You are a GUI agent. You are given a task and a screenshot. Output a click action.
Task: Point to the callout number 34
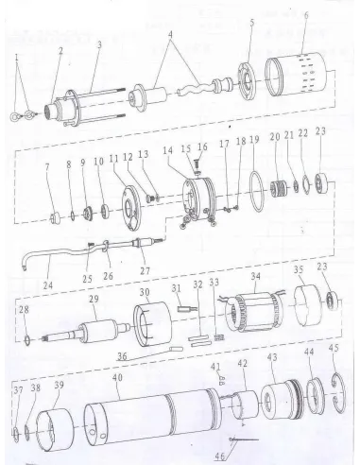click(x=254, y=277)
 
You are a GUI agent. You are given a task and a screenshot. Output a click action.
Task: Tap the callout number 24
click(x=48, y=283)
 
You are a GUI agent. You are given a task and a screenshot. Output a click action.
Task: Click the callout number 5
click(x=251, y=21)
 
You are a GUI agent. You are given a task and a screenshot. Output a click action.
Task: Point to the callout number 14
click(x=167, y=149)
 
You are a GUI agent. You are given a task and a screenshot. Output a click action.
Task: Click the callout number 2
click(x=60, y=49)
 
